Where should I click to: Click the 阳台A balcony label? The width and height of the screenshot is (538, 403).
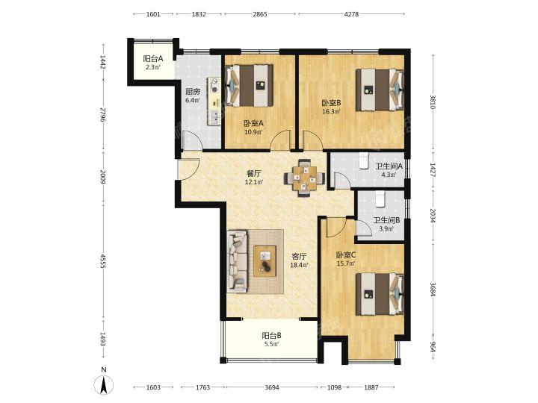153,59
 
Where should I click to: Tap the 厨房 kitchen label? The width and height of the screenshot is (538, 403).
193,92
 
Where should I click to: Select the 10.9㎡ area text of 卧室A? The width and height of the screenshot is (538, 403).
253,132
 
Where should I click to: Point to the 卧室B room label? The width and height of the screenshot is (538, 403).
331,103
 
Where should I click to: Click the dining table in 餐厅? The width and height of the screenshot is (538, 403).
304,178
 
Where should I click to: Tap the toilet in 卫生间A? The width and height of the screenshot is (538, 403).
363,160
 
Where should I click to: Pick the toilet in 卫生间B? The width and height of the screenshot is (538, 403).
380,199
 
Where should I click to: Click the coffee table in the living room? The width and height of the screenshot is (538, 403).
265,260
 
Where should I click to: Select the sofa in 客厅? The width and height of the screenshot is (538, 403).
237,261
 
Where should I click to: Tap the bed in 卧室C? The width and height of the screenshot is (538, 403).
380,294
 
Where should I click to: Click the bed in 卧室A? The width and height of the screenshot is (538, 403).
249,85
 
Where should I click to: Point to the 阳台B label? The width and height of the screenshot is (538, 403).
272,336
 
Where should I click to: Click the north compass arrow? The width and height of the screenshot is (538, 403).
104,384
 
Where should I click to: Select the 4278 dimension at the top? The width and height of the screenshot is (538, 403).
351,14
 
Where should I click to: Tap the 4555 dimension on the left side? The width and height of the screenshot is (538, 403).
102,261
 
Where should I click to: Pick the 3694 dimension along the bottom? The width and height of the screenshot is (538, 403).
272,387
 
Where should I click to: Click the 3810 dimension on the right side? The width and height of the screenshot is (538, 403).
433,101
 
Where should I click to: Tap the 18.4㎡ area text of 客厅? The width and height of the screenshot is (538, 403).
299,265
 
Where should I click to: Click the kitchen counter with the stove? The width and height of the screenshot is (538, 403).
214,101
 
